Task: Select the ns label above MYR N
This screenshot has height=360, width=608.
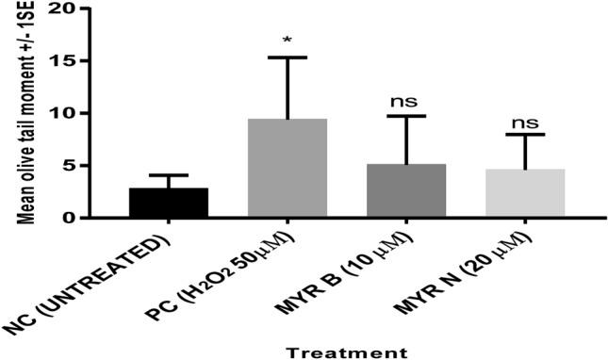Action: click(525, 123)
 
